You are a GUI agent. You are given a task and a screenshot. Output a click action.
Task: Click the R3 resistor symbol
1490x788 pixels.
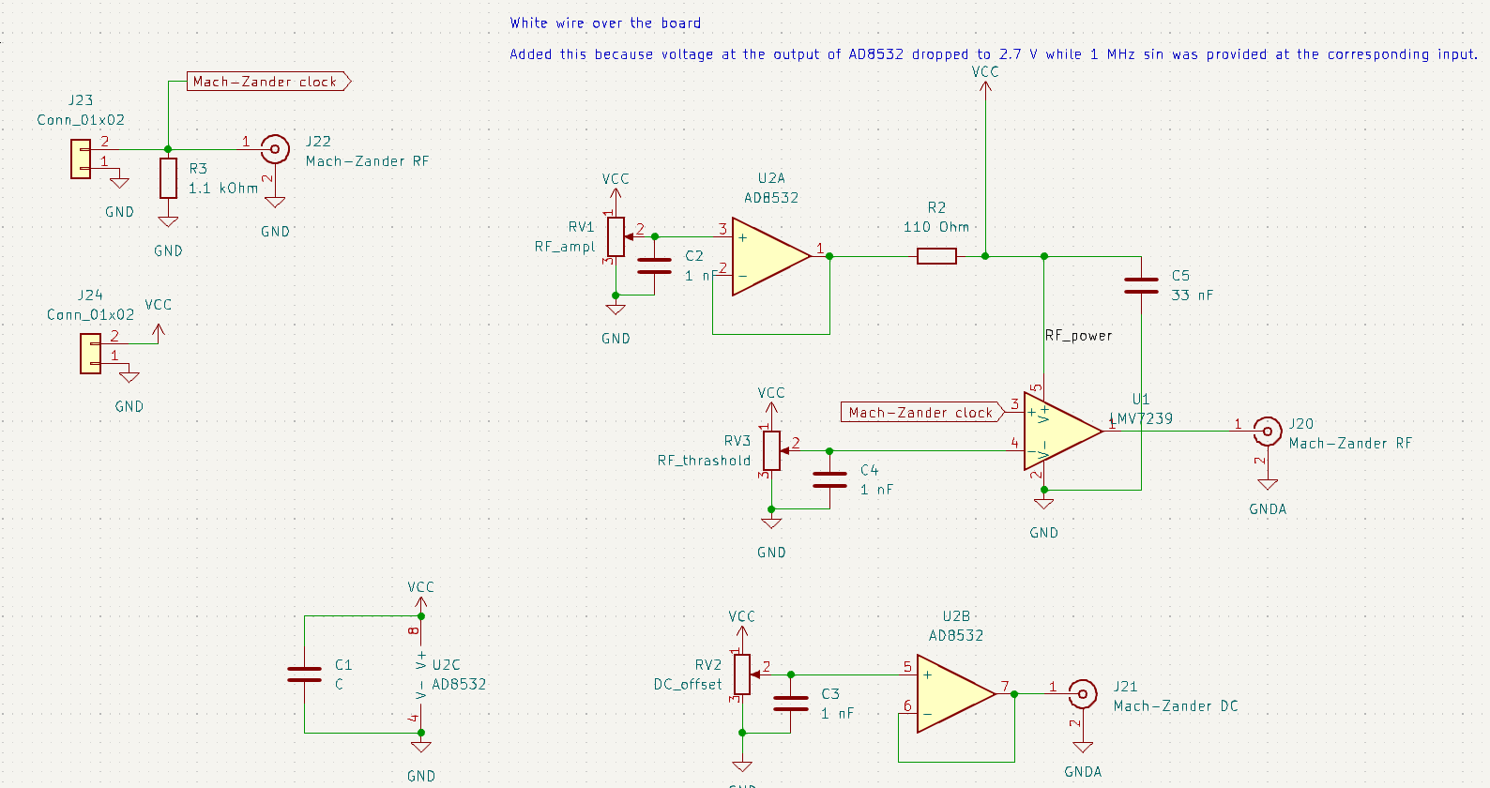click(x=168, y=178)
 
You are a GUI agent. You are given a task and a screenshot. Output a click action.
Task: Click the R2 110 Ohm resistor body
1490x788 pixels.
click(x=936, y=256)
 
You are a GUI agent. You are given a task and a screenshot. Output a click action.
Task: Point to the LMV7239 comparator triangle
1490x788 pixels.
click(x=1060, y=432)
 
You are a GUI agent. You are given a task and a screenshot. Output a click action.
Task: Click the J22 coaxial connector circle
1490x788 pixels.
click(x=274, y=149)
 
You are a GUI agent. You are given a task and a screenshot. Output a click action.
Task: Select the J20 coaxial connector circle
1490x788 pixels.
click(x=1268, y=432)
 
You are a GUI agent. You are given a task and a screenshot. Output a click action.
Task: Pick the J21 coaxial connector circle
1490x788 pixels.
click(x=1083, y=694)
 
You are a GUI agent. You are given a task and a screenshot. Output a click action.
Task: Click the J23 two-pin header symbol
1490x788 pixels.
click(x=82, y=159)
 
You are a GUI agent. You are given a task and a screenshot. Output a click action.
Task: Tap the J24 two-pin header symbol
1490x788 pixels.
click(x=91, y=354)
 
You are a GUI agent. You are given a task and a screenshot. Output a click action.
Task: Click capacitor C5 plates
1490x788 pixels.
click(x=1141, y=286)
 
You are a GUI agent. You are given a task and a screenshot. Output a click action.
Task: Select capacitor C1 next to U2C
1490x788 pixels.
click(x=304, y=674)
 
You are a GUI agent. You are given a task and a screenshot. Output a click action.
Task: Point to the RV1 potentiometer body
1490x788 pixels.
click(x=616, y=236)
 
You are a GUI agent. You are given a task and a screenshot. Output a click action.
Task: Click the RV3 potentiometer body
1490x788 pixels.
click(x=771, y=450)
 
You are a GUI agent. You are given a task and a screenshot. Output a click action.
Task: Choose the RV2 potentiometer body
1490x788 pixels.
click(x=742, y=674)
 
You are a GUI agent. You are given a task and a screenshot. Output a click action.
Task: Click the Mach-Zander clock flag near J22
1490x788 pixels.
click(x=267, y=82)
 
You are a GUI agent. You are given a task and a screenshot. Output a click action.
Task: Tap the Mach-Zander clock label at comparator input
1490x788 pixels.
click(x=921, y=412)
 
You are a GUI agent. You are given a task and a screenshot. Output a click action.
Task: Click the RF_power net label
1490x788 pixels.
click(x=1079, y=335)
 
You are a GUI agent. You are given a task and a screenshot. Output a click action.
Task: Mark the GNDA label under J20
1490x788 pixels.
click(x=1268, y=509)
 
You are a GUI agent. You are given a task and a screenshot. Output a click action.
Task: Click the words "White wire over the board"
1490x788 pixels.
click(x=605, y=23)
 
